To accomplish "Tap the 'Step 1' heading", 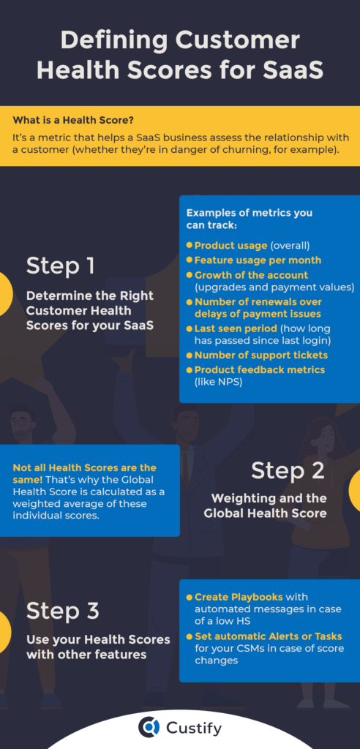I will (61, 265).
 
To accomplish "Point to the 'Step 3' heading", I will (62, 610).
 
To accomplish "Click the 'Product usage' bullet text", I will (230, 246).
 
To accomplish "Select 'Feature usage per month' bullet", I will (258, 260).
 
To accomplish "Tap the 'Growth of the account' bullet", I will (251, 275).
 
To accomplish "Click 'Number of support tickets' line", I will (260, 355).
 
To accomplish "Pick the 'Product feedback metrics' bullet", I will (260, 369).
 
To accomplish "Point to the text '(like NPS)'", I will (217, 381).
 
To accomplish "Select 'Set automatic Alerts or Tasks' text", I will (268, 636).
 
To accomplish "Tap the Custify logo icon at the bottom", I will (149, 726).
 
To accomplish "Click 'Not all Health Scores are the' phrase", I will (84, 467).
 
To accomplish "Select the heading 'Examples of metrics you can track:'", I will (249, 219).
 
